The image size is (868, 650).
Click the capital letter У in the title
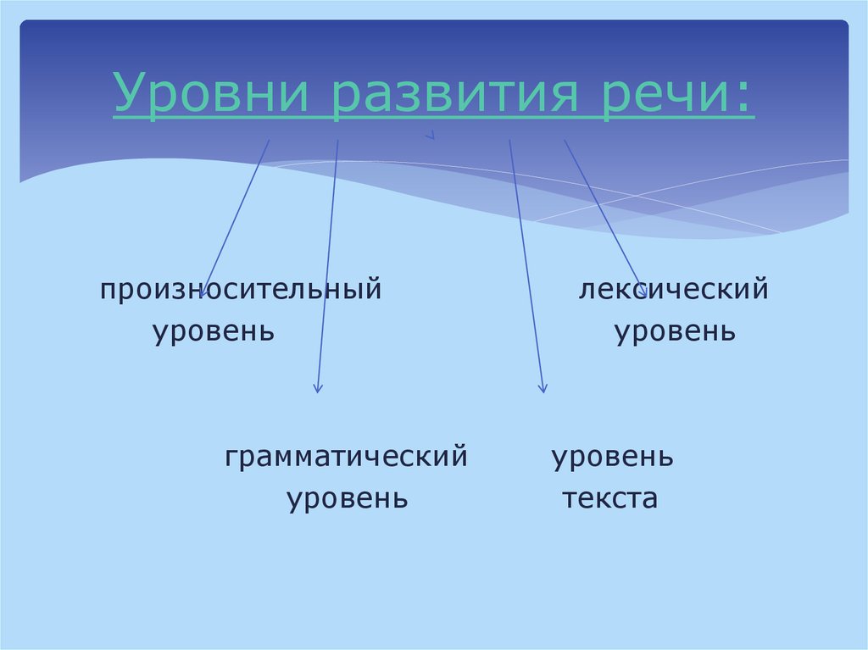click(x=128, y=96)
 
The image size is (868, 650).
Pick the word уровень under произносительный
click(x=214, y=331)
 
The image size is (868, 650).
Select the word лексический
click(x=674, y=291)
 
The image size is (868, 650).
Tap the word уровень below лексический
click(x=675, y=331)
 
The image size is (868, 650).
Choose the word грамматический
click(x=347, y=458)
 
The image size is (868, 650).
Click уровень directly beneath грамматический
click(x=348, y=498)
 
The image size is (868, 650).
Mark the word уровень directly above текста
click(x=613, y=458)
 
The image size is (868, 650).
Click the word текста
click(x=609, y=498)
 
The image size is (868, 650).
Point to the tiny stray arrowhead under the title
click(x=431, y=135)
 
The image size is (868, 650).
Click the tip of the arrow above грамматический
click(x=317, y=391)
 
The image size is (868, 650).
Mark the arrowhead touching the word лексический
click(x=643, y=292)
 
